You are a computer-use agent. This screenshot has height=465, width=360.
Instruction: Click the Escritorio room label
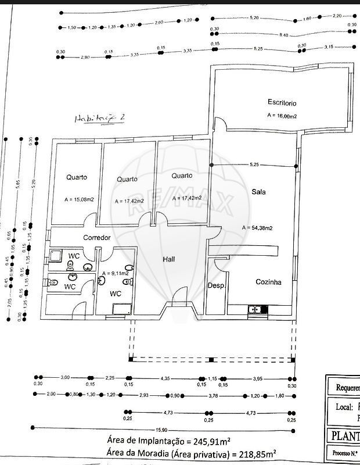[282, 102]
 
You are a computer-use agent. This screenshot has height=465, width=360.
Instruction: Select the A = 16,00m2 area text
[282, 116]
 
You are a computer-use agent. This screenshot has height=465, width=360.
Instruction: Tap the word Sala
[258, 192]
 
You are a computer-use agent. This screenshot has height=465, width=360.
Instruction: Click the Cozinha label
[269, 282]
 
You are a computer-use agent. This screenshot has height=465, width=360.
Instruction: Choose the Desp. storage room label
[217, 286]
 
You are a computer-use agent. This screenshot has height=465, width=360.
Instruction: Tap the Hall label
[168, 259]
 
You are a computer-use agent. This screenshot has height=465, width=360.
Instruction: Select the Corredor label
[97, 238]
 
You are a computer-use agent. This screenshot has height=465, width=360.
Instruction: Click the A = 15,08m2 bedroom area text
[80, 199]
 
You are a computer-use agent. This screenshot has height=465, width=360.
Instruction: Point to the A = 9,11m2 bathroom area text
[115, 273]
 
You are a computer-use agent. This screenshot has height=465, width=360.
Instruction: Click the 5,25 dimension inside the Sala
[254, 165]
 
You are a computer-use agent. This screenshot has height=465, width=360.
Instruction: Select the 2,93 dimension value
[161, 395]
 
